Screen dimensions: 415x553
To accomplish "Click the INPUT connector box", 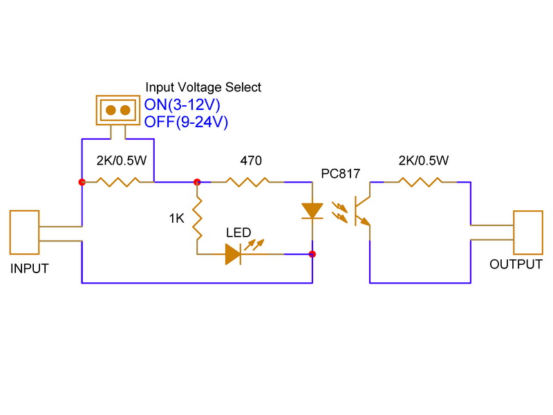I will [x=25, y=233].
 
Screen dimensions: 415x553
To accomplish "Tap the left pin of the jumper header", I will [x=111, y=110].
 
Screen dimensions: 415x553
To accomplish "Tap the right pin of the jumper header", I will [x=125, y=110].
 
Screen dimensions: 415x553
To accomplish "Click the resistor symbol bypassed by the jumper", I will [x=118, y=183].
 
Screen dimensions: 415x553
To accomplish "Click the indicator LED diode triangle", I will [x=233, y=255].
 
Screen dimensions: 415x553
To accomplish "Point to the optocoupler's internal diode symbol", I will [x=312, y=210].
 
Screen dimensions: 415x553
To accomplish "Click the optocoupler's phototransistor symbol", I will [x=360, y=210].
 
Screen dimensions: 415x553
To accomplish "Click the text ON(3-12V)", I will [x=185, y=106].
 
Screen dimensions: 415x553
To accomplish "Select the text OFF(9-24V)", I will [x=186, y=122].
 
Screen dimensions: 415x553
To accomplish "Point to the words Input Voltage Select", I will [x=203, y=87].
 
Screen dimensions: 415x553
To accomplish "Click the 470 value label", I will [x=251, y=161].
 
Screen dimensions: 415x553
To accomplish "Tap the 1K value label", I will [x=176, y=219].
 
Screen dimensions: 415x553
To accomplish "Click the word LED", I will [x=238, y=233].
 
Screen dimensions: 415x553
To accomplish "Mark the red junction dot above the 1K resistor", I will [x=197, y=183].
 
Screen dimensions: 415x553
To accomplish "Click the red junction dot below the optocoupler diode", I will [x=312, y=255].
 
